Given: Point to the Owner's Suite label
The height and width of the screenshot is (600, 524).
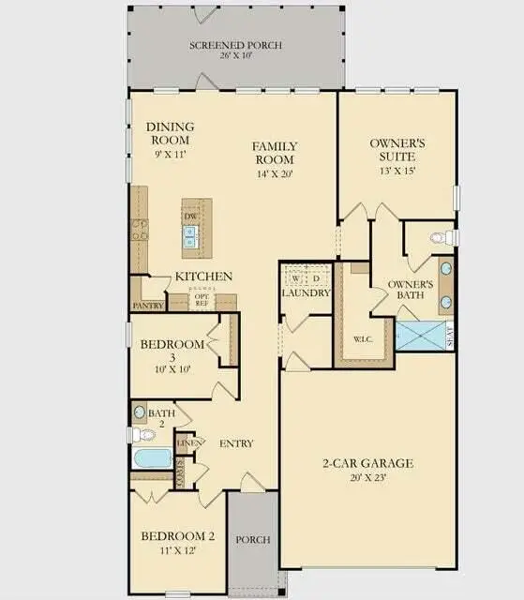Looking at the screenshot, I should click(397, 150).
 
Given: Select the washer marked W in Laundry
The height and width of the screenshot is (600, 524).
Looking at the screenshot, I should click(295, 278).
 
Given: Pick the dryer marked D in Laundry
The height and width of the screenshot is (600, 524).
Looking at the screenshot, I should click(317, 278).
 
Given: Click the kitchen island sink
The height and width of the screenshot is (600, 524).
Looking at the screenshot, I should click(190, 239).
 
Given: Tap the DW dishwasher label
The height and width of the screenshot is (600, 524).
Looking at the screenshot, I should click(190, 217).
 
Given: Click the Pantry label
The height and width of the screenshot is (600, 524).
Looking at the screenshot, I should click(149, 306).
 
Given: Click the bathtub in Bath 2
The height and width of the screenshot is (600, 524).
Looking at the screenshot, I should click(152, 459).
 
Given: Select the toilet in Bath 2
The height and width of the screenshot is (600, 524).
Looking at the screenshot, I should click(142, 434).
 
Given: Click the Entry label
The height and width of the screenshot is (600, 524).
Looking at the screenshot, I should click(237, 443).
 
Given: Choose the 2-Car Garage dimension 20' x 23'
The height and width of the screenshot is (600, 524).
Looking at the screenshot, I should click(367, 478).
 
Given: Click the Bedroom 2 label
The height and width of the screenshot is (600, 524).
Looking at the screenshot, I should click(178, 536).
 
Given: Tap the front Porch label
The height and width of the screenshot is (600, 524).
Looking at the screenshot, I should click(253, 540).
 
